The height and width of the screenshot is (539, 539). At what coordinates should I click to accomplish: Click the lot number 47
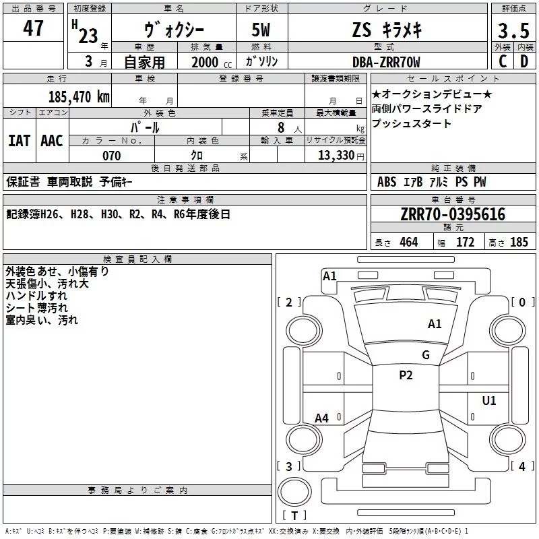tap(34, 29)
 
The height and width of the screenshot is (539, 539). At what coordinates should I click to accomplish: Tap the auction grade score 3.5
tap(513, 31)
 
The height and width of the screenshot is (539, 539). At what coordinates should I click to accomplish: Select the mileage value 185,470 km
tap(79, 96)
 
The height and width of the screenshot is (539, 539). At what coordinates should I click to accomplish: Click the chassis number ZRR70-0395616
tap(453, 215)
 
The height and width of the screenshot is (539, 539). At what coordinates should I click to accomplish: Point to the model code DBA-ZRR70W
tap(386, 62)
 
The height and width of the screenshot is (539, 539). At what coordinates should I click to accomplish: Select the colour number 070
tap(111, 156)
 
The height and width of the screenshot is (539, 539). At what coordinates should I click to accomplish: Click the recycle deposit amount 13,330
tap(336, 156)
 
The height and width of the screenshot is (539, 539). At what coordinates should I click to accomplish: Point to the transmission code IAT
tap(20, 141)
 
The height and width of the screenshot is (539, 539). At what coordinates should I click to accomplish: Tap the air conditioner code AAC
tap(52, 141)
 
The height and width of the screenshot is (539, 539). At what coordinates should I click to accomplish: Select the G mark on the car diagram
tap(426, 355)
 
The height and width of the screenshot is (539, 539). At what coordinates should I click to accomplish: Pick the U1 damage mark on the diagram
tap(489, 401)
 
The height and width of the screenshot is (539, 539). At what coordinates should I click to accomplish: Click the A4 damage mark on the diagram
tap(322, 418)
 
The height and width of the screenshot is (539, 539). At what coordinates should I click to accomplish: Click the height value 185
tap(519, 243)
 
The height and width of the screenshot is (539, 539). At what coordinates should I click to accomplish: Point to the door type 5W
tap(262, 30)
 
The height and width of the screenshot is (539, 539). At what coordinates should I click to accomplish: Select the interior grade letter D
tap(524, 62)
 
